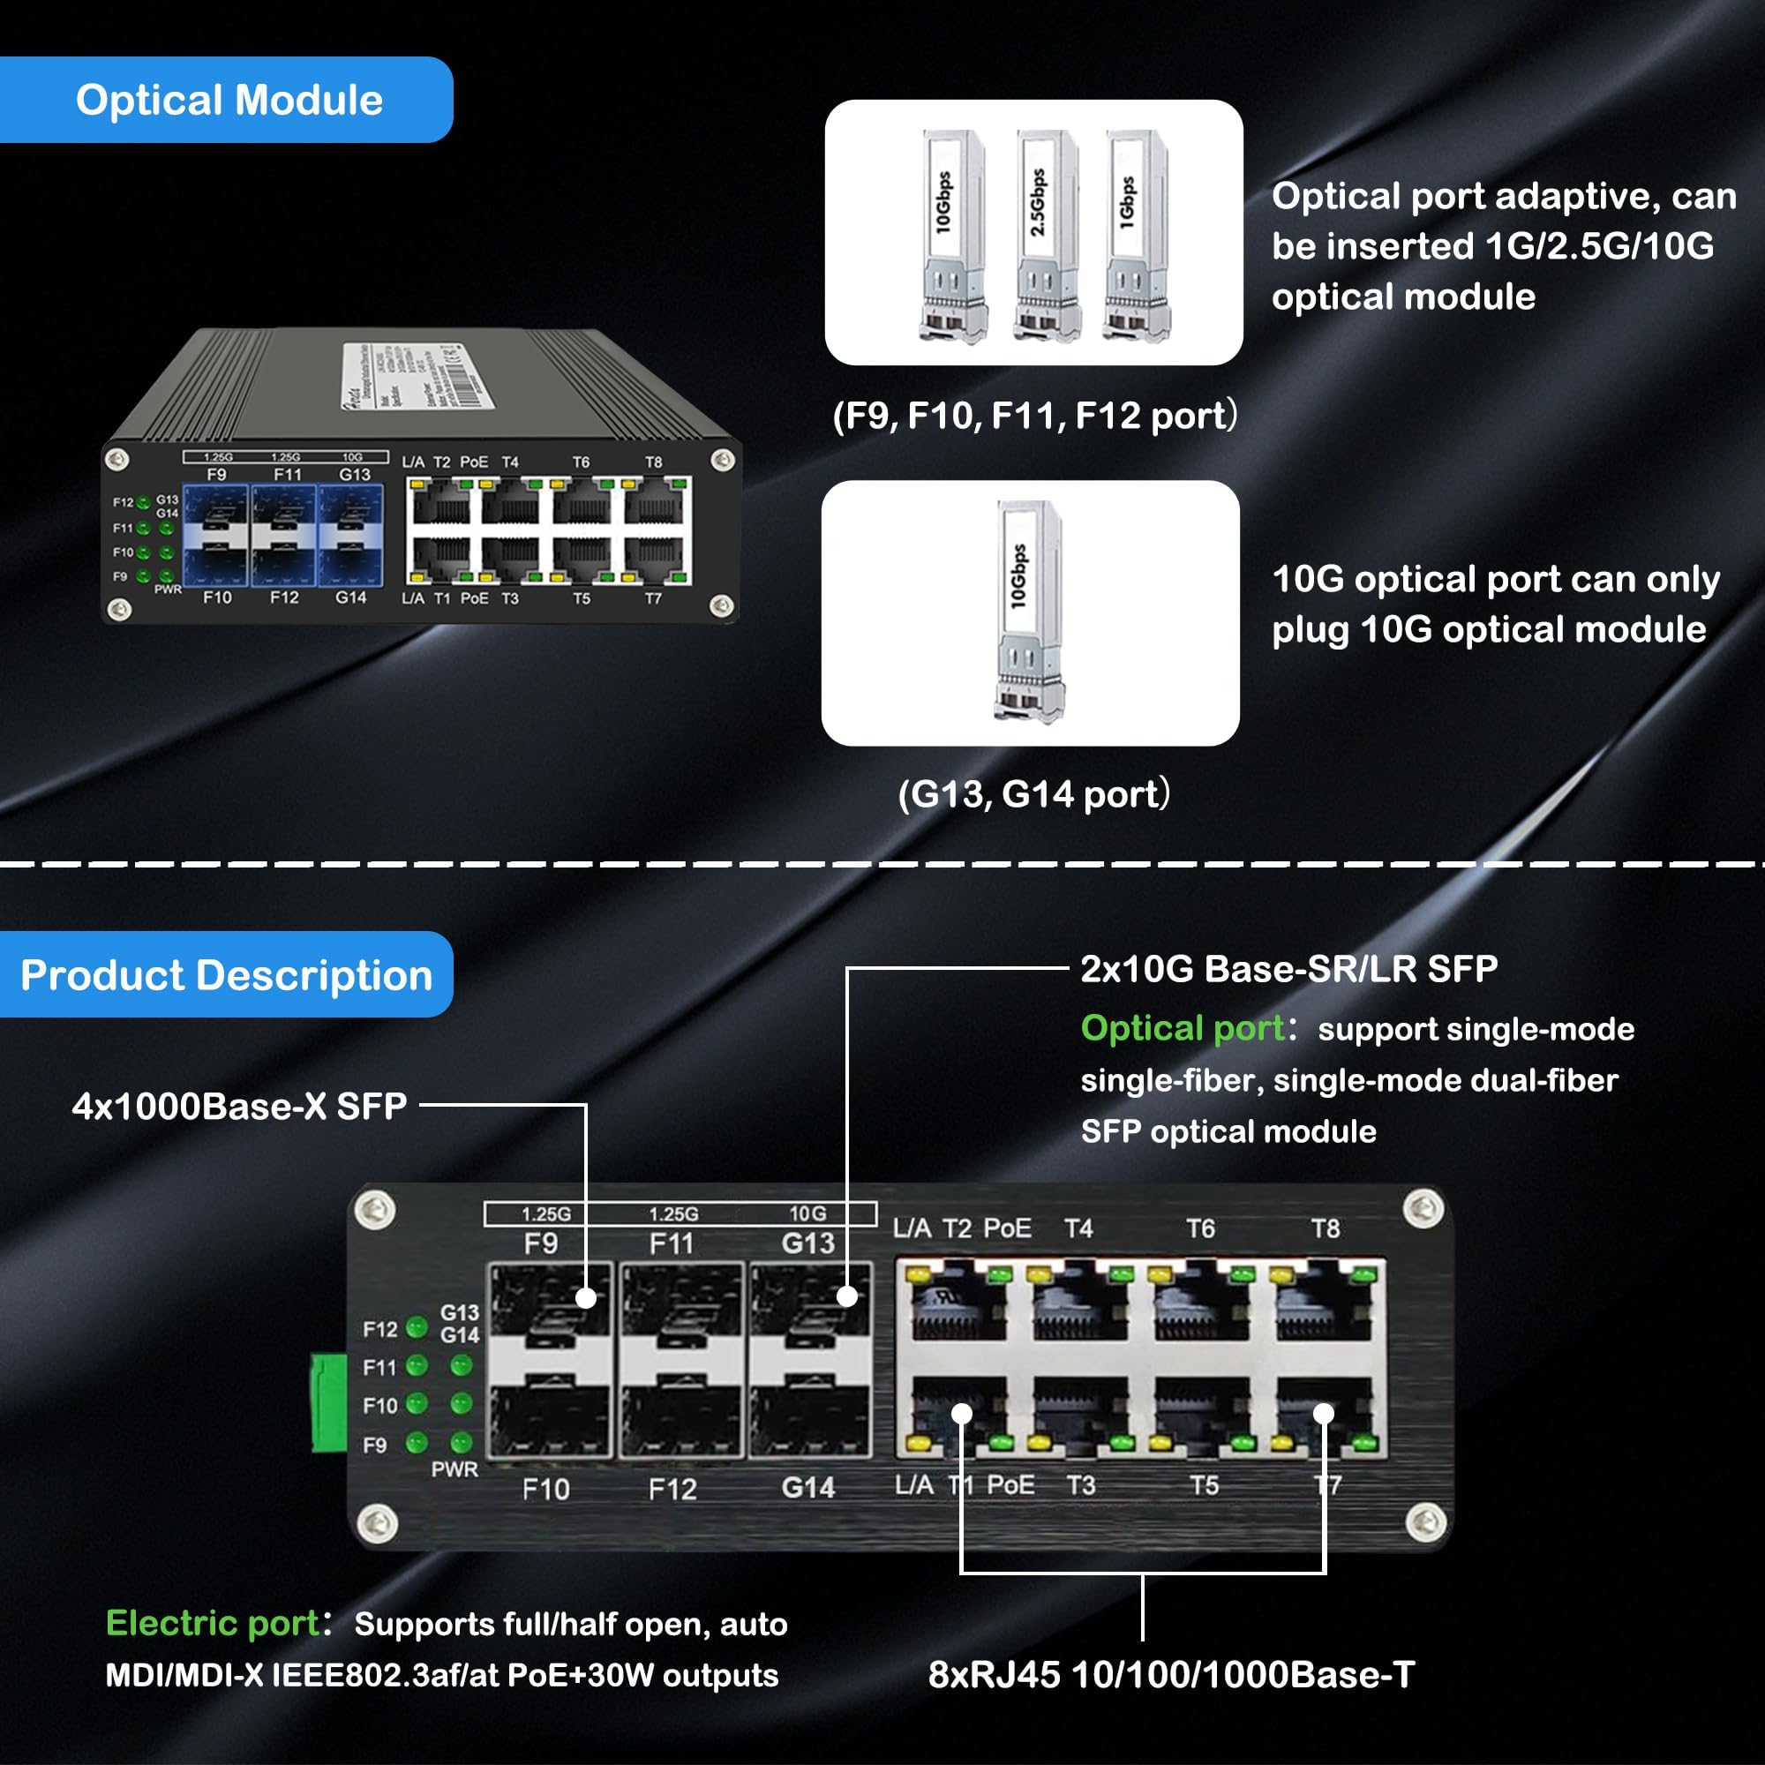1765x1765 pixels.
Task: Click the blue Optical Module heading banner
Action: pos(226,100)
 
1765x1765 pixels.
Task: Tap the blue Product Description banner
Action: pos(226,975)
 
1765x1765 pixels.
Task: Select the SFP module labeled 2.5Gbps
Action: pos(1042,236)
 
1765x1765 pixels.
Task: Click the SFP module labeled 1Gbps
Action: pos(1134,236)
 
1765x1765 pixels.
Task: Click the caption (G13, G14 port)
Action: pos(1033,794)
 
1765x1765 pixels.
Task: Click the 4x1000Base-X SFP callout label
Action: pos(239,1107)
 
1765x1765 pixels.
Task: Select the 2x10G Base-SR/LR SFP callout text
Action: pos(1288,969)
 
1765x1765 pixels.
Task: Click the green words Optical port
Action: pos(1183,1029)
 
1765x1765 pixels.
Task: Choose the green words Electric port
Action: pos(212,1624)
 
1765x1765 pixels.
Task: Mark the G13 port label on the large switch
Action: pos(807,1243)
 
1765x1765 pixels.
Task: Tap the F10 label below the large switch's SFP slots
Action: pos(545,1490)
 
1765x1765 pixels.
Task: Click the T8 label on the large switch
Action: pos(1325,1228)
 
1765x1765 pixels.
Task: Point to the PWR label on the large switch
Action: pos(454,1470)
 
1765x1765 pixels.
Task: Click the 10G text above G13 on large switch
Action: pos(807,1213)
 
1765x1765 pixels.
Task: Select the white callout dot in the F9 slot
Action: pos(587,1297)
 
